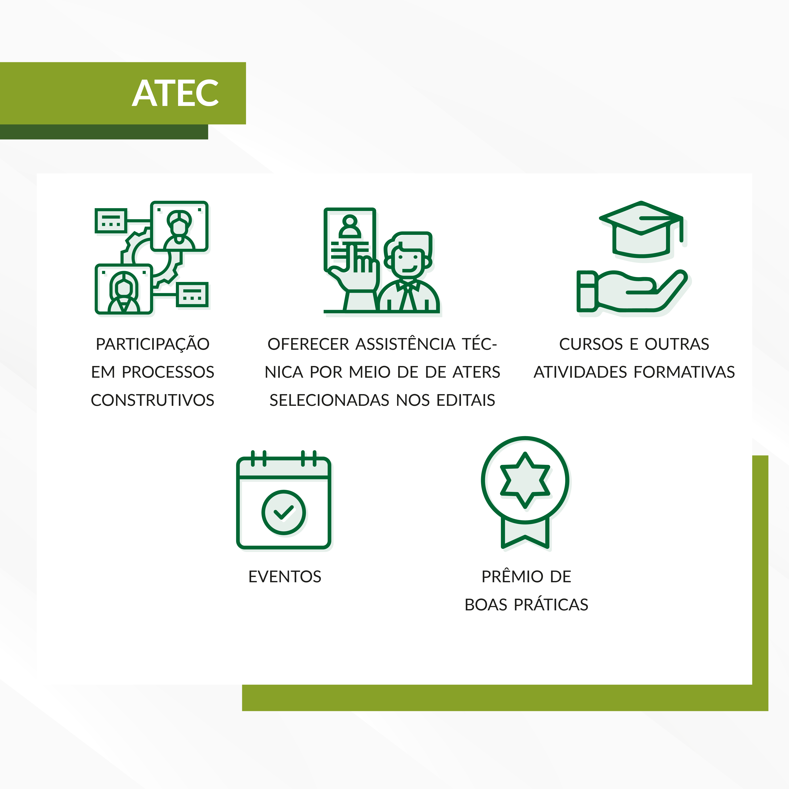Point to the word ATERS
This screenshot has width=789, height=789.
click(x=476, y=372)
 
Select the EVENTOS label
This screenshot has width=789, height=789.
click(x=285, y=577)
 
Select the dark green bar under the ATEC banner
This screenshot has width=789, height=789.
click(x=104, y=132)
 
